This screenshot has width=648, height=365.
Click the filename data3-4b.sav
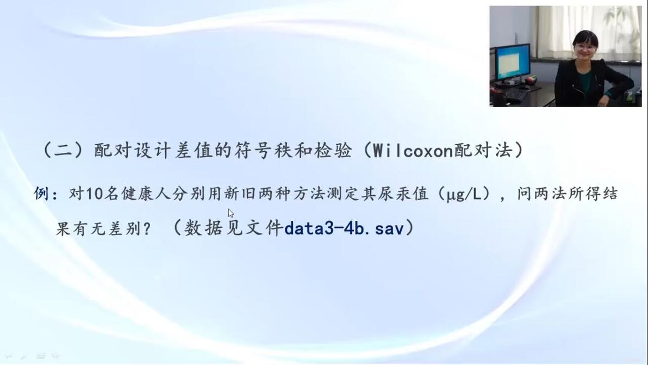(x=344, y=228)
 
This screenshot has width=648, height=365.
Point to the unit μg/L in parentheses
(x=464, y=194)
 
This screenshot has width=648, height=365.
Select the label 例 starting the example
(x=42, y=194)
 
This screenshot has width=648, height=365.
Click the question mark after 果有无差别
(x=146, y=228)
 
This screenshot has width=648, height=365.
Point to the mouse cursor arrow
(x=230, y=213)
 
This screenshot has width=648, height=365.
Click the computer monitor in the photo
(x=513, y=63)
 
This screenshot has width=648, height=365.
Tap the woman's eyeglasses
(x=585, y=48)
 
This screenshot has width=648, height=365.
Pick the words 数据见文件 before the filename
(x=233, y=228)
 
